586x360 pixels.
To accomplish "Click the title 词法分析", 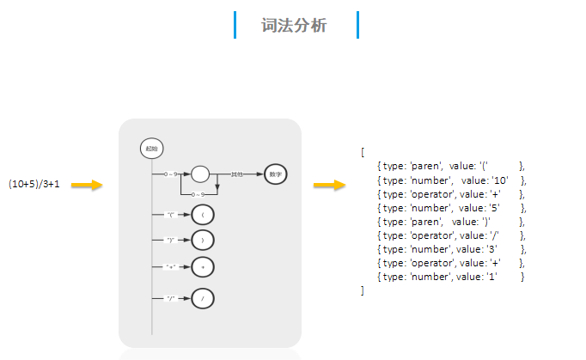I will coord(295,26).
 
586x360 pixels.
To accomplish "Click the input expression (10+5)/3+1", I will coord(34,185).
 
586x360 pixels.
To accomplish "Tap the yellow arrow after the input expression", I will coord(87,185).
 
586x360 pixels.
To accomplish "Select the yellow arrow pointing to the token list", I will coord(329,185).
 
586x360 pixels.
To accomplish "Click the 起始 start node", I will coord(151,149).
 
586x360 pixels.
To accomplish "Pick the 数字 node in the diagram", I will coord(275,174).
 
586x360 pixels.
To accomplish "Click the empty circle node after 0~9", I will coord(199,174).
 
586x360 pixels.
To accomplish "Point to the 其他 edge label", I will coord(236,174).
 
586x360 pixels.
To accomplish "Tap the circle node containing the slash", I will coord(203,299).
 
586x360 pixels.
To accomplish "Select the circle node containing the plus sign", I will coord(203,267).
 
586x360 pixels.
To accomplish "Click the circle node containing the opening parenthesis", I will coord(203,214).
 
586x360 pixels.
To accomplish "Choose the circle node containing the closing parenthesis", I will coord(203,240).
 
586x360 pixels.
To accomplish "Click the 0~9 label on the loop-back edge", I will coord(197,195).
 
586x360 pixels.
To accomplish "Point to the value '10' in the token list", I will coord(501,180).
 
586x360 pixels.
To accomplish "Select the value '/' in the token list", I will coord(493,235).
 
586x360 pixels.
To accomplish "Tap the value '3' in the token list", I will coord(492,249).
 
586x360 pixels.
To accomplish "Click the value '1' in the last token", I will coord(492,277).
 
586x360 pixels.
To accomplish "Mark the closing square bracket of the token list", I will coord(363,291).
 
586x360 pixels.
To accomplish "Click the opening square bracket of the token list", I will coord(363,152).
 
